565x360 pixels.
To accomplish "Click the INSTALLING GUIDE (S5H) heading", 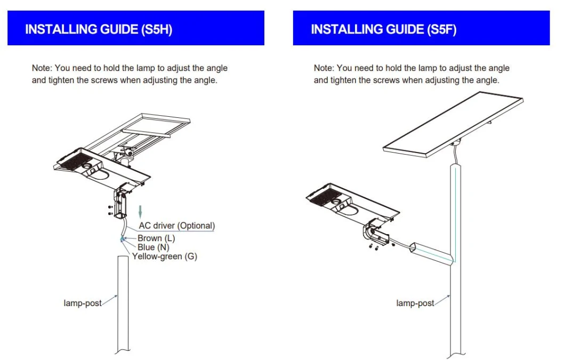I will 99,29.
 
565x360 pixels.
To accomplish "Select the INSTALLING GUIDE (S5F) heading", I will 383,29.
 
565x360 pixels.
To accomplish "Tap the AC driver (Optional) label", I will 176,226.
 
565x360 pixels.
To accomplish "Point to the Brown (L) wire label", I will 156,238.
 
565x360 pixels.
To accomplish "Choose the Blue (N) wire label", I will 154,247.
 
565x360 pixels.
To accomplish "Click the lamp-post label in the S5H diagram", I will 83,303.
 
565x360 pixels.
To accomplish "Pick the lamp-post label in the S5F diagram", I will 415,303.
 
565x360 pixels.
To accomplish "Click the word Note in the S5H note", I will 40,68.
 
